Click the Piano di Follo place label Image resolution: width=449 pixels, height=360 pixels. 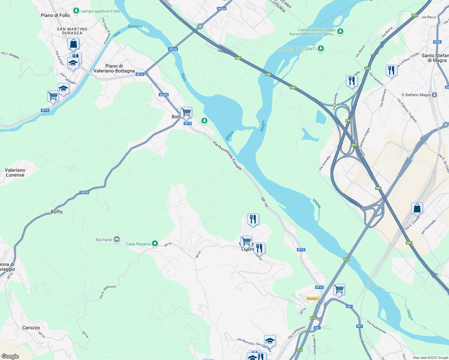click(55, 15)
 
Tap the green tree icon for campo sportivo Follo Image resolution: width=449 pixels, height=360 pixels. click(76, 11)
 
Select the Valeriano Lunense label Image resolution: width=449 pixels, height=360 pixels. click(15, 172)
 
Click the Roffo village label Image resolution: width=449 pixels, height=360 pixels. click(56, 212)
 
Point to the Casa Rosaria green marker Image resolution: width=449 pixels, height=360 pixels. click(155, 244)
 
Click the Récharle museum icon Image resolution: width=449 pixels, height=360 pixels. click(117, 239)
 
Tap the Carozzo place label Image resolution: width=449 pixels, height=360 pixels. click(31, 328)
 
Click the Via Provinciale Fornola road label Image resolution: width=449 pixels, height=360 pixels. click(227, 155)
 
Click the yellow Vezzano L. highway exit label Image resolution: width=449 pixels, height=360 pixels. click(313, 298)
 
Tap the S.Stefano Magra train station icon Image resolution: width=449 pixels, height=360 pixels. click(434, 95)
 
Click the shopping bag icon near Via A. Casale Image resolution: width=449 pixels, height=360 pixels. click(417, 208)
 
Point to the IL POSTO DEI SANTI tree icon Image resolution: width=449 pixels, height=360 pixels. click(321, 48)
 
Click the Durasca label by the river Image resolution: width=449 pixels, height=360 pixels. click(135, 26)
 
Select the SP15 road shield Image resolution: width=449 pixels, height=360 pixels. click(45, 110)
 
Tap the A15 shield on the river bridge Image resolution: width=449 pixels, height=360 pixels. click(346, 259)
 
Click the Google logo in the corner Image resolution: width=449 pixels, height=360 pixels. click(10, 356)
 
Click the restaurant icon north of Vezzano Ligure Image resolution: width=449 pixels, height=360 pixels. click(253, 219)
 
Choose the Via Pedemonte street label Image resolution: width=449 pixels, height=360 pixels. click(377, 327)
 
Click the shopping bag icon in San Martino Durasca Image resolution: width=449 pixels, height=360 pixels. click(73, 43)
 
